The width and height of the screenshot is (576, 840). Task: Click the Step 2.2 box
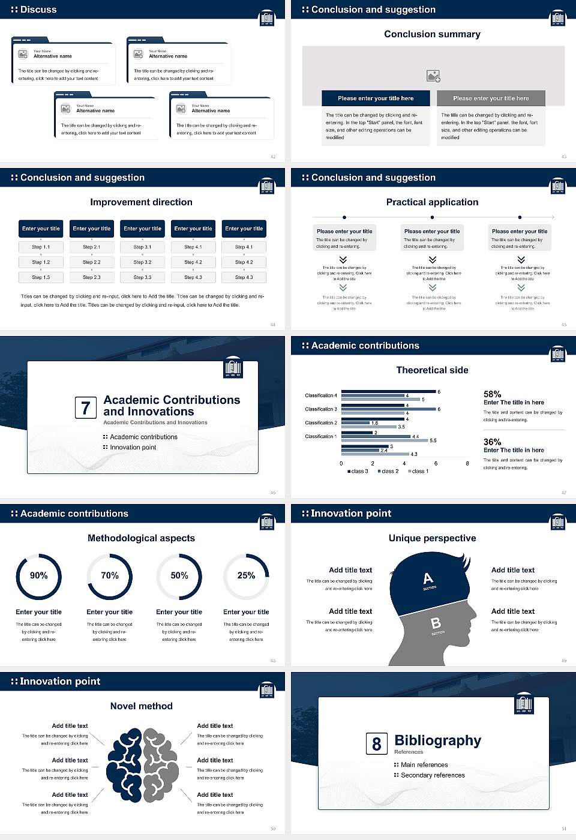[x=92, y=262]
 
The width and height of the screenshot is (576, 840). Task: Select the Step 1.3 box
[x=41, y=277]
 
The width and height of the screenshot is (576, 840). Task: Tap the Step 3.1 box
[x=142, y=247]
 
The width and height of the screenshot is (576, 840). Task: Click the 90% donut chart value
[x=39, y=575]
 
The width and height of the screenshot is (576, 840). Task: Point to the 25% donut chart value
[x=246, y=575]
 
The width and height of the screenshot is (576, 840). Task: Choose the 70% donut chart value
[x=110, y=575]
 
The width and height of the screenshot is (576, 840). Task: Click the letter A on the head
[x=428, y=578]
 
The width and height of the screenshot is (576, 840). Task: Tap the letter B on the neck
[x=436, y=623]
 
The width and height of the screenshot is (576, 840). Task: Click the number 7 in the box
[x=86, y=408]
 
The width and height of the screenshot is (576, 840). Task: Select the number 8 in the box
[x=376, y=744]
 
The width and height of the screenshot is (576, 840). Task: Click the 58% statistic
[x=493, y=394]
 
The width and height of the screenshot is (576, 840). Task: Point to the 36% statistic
[x=493, y=442]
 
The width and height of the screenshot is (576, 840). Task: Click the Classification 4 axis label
[x=321, y=395]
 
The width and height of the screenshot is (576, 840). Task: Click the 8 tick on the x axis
[x=467, y=463]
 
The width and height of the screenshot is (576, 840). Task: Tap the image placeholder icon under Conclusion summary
[x=433, y=76]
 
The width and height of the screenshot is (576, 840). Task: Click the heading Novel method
[x=142, y=706]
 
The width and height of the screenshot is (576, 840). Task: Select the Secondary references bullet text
[x=433, y=775]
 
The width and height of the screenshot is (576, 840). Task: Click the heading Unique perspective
[x=432, y=538]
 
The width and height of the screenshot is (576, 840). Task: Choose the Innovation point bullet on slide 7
[x=133, y=447]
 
